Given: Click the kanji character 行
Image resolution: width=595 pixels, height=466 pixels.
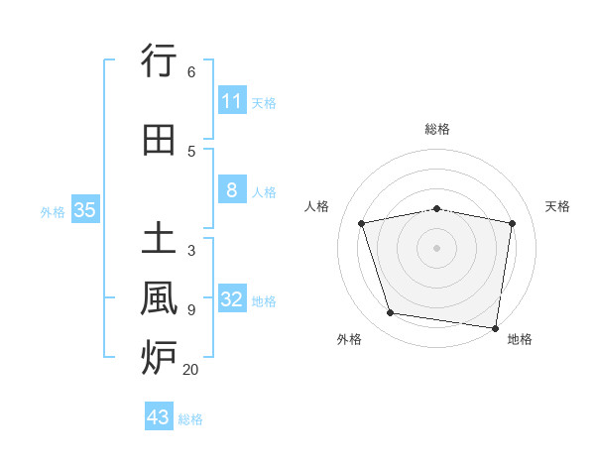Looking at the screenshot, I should pyautogui.click(x=160, y=61).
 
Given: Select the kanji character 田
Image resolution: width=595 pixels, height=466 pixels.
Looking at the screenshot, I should pyautogui.click(x=160, y=140).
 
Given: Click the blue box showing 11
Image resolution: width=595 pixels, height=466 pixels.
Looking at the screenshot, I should pyautogui.click(x=231, y=101).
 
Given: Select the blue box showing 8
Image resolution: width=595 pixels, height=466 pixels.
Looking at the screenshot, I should pyautogui.click(x=231, y=190).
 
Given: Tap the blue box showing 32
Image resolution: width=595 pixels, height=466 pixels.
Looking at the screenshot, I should pyautogui.click(x=231, y=299).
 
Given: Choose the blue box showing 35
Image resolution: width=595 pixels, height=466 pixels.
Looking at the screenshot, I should pyautogui.click(x=85, y=210).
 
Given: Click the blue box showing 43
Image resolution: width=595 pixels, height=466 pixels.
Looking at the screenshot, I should pyautogui.click(x=159, y=417).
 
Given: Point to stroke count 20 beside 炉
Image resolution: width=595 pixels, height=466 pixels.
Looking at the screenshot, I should pyautogui.click(x=191, y=369).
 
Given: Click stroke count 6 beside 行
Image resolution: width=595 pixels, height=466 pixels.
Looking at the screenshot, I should pyautogui.click(x=191, y=72).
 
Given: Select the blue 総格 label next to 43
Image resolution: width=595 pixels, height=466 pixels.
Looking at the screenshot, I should pyautogui.click(x=191, y=419).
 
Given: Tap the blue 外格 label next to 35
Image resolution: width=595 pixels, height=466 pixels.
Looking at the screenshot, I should pyautogui.click(x=53, y=211).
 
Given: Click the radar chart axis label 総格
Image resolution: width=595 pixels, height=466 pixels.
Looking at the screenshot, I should pyautogui.click(x=437, y=129).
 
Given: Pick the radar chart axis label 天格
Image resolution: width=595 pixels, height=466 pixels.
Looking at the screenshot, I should pyautogui.click(x=558, y=206).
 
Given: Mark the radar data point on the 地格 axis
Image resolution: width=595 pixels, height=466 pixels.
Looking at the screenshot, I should pyautogui.click(x=496, y=327).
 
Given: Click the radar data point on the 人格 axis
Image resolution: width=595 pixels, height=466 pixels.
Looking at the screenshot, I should pyautogui.click(x=362, y=223).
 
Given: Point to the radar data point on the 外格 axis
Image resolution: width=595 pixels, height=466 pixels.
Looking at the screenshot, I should pyautogui.click(x=391, y=313).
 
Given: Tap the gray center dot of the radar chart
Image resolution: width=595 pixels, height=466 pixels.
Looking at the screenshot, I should pyautogui.click(x=437, y=247).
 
